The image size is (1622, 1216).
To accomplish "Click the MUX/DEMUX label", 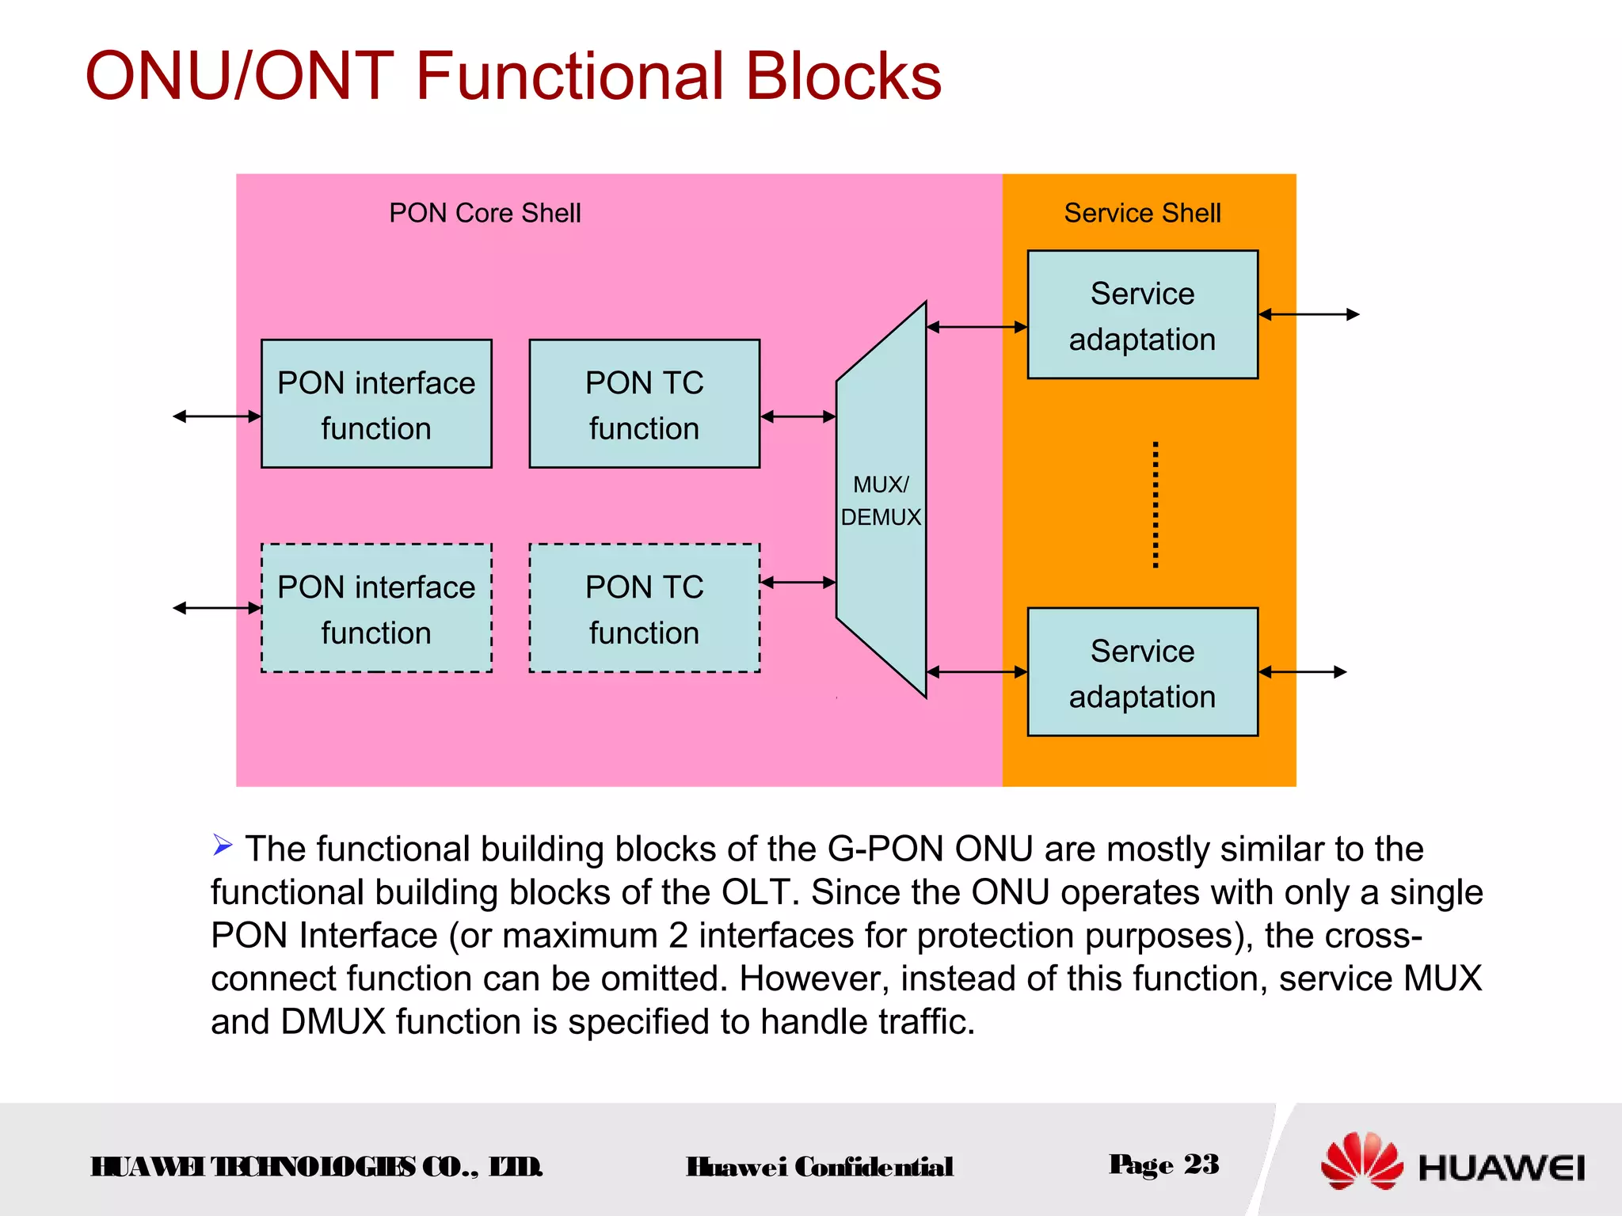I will tap(881, 500).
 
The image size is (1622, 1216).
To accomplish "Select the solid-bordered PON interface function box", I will tap(376, 405).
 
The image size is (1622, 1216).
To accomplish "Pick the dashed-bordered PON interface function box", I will tap(376, 609).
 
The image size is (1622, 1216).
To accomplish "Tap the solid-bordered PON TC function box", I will tap(644, 405).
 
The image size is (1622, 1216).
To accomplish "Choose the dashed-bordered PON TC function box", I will tap(644, 609).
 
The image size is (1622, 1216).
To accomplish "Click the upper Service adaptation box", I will tap(1142, 315).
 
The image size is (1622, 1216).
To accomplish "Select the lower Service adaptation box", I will tap(1142, 673).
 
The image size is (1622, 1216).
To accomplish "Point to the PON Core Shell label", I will tap(485, 213).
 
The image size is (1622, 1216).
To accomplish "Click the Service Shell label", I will tap(1142, 213).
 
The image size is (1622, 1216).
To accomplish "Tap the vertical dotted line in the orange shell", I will tap(1156, 505).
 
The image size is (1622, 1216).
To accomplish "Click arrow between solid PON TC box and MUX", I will tap(798, 416).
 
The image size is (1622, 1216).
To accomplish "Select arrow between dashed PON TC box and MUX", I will tap(798, 583).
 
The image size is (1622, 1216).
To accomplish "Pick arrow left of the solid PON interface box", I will tap(217, 416).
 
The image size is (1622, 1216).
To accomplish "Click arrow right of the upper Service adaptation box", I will tap(1308, 314).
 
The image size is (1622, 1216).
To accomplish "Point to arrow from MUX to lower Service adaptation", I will tap(977, 672).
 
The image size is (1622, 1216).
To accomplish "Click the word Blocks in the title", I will tap(843, 76).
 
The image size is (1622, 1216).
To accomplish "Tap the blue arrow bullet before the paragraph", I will tap(223, 845).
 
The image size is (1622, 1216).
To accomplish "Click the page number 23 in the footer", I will tap(1201, 1165).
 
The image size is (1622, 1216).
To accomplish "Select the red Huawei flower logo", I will tap(1361, 1161).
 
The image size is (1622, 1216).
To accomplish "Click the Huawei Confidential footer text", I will tap(820, 1167).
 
